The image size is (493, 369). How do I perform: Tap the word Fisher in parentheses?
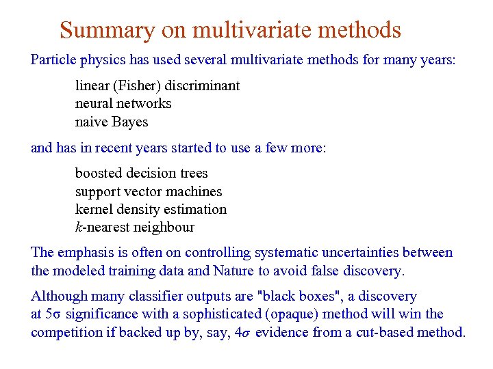(x=128, y=86)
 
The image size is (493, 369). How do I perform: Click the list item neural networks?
(x=123, y=104)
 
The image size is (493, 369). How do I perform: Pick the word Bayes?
(x=130, y=122)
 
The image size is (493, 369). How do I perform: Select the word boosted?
(x=98, y=174)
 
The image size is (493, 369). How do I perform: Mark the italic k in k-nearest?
(x=78, y=228)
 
